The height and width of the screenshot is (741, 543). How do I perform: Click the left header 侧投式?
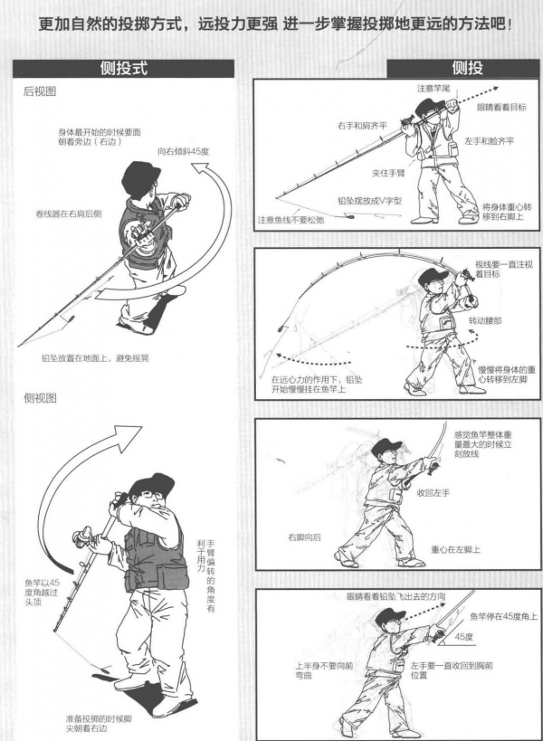[123, 68]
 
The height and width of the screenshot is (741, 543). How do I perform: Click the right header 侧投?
[467, 68]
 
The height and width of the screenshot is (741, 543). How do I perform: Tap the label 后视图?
[40, 91]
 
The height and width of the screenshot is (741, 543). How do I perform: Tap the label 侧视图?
[40, 398]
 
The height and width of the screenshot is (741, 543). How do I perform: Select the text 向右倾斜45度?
[184, 151]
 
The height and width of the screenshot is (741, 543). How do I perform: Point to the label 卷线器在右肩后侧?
[69, 214]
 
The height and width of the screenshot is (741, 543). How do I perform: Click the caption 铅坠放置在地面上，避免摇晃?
[95, 357]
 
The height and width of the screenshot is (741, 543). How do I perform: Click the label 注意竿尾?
[433, 89]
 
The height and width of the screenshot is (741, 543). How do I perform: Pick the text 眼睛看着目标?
[501, 108]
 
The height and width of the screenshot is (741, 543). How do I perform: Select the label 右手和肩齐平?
[362, 126]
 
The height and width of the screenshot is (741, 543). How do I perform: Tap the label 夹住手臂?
[388, 173]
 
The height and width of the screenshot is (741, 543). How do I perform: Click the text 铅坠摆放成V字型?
[369, 201]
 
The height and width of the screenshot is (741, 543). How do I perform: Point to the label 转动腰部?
[485, 320]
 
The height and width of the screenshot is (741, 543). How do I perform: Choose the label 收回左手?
[433, 493]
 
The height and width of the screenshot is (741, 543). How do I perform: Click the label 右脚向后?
[304, 537]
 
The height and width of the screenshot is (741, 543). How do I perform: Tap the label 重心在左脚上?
[455, 549]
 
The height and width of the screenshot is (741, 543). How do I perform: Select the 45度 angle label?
[463, 637]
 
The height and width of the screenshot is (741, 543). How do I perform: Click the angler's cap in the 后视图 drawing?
[140, 175]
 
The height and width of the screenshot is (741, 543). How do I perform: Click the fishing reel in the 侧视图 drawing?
[83, 537]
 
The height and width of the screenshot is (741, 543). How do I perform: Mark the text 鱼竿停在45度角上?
[503, 616]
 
